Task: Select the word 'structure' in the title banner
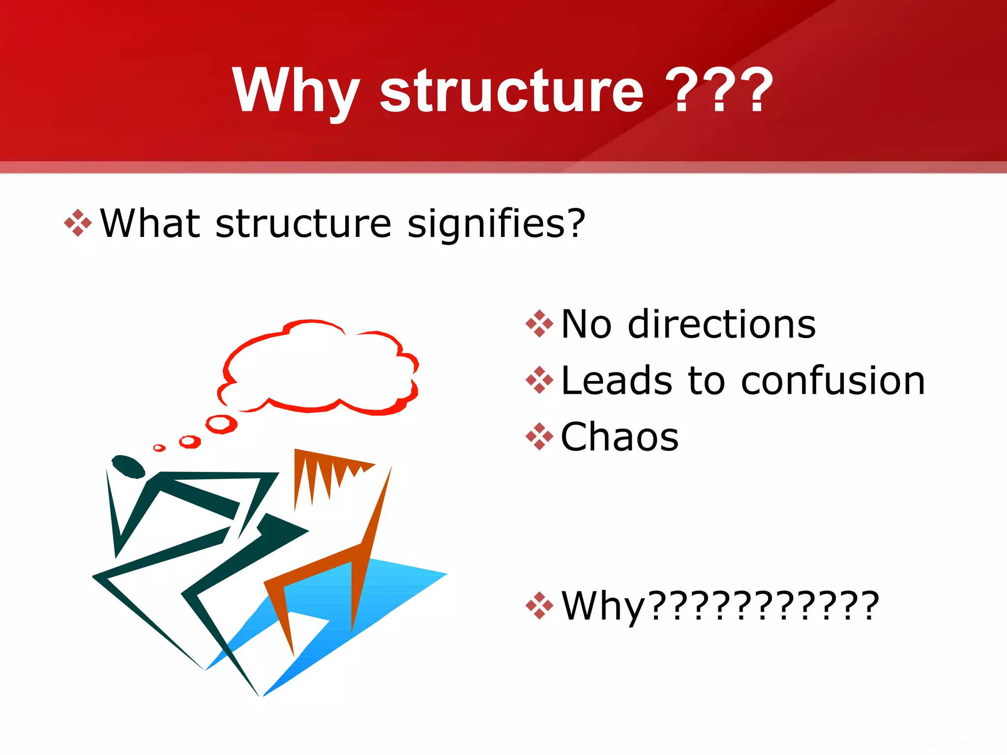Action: tap(511, 91)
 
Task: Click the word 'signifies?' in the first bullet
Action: tap(497, 224)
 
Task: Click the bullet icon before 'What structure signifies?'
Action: tap(78, 223)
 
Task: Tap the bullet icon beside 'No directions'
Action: tap(539, 324)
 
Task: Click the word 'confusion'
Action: tap(833, 381)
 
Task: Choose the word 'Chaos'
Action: tap(620, 437)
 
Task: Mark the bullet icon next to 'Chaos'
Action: tap(539, 436)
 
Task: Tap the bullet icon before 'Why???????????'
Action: tap(539, 606)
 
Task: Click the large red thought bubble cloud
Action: tap(320, 369)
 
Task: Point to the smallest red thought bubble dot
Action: tap(159, 448)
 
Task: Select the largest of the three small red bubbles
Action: tap(221, 424)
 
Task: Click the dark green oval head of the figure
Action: tap(128, 466)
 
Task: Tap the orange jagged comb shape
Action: tap(325, 472)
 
